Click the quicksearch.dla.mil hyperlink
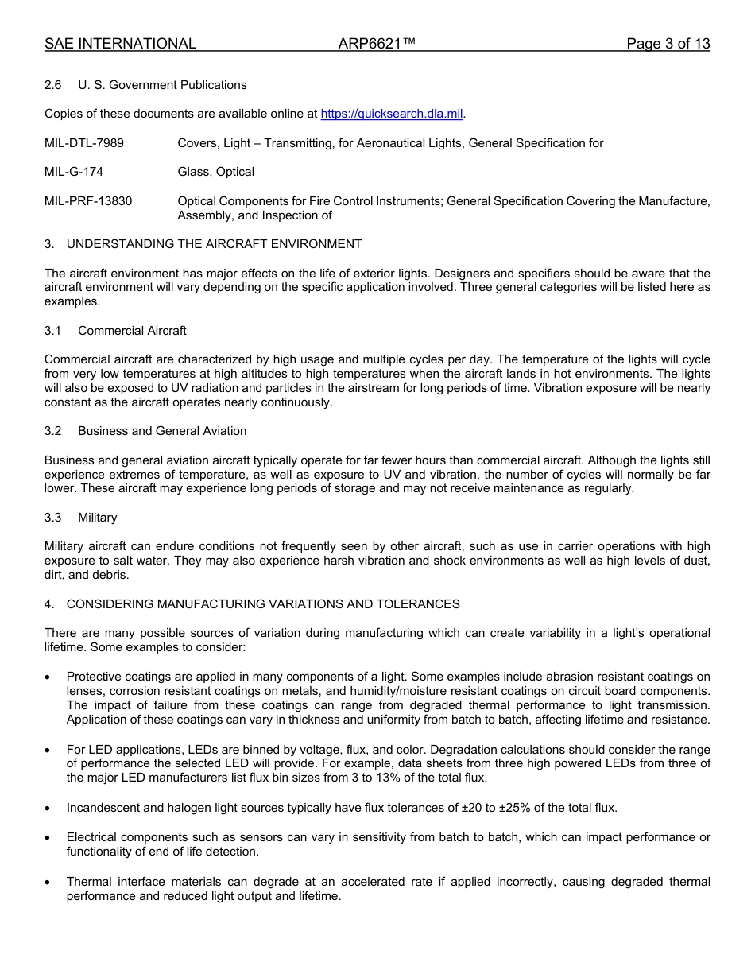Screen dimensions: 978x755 pos(391,114)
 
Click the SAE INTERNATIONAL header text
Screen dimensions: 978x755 pos(120,44)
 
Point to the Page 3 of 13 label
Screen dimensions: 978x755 pos(668,44)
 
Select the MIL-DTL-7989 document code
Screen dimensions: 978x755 pos(84,143)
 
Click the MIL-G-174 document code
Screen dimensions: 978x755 pos(74,172)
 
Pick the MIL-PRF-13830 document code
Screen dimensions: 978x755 pos(88,201)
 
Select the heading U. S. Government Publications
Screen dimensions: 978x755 pos(162,85)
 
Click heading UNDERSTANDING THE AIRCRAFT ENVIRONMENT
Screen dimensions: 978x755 pos(214,244)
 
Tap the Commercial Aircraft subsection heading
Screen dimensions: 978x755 pos(132,330)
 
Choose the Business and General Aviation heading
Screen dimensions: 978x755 pos(162,431)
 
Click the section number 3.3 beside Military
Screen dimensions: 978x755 pos(53,518)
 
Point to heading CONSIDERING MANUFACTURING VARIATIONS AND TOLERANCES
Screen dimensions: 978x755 pos(263,604)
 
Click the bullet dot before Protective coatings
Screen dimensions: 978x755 pos(48,677)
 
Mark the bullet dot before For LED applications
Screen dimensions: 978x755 pos(48,750)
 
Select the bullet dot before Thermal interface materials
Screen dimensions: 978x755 pos(48,882)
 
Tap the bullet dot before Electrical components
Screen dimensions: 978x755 pos(48,837)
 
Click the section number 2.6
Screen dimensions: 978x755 pos(53,85)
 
